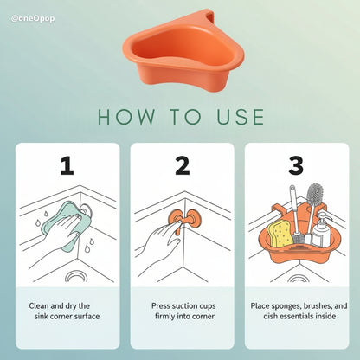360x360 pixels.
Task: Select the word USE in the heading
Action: click(x=234, y=117)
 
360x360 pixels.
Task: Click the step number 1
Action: click(x=66, y=165)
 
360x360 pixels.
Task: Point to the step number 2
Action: click(x=181, y=165)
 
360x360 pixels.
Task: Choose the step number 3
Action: click(x=296, y=165)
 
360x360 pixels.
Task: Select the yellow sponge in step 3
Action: click(x=280, y=233)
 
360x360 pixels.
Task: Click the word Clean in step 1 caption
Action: click(x=41, y=306)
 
